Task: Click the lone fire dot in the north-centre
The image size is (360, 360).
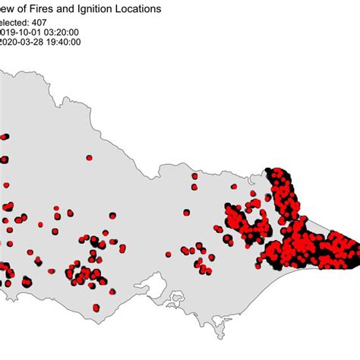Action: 89,158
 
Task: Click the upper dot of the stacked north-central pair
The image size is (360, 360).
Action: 194,176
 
